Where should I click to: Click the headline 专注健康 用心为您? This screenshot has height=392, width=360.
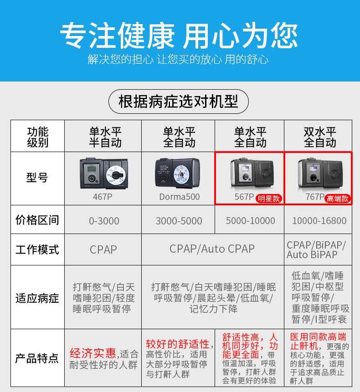[x=179, y=35]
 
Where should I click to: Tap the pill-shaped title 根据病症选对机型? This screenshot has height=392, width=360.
[x=178, y=102]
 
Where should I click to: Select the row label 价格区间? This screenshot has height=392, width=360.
[x=37, y=220]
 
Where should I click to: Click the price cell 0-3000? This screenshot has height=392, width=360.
[x=104, y=221]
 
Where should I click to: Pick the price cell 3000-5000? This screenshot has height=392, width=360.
[x=179, y=221]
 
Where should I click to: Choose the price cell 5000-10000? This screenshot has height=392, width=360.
[x=250, y=221]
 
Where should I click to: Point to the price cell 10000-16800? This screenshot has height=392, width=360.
[x=319, y=221]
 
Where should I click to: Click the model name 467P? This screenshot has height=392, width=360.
[x=103, y=197]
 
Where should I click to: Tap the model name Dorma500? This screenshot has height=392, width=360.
[x=180, y=197]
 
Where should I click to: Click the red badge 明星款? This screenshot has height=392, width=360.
[x=269, y=199]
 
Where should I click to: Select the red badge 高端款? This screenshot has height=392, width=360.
[x=338, y=199]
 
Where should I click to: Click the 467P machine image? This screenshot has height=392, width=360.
[x=104, y=173]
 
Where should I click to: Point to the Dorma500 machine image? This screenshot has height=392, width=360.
[x=177, y=173]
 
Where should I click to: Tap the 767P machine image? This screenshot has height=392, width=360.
[x=320, y=173]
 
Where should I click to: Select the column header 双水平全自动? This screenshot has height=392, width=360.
[x=320, y=137]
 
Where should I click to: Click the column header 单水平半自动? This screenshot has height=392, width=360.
[x=105, y=137]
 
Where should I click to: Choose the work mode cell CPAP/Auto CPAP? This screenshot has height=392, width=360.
[x=212, y=249]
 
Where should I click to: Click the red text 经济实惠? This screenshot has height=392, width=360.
[x=93, y=353]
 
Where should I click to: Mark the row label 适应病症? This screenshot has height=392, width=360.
[x=37, y=299]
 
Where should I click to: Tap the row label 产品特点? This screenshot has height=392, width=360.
[x=37, y=358]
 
